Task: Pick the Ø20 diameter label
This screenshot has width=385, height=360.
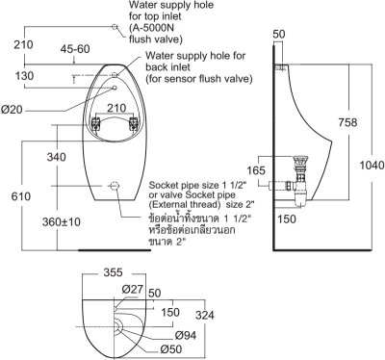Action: pos(13,111)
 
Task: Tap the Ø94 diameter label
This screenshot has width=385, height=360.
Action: pos(160,334)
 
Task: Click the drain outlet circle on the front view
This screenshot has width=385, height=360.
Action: pos(113,185)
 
